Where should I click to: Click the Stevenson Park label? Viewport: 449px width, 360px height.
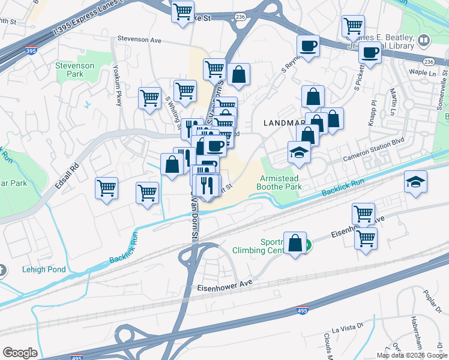(x=74, y=70)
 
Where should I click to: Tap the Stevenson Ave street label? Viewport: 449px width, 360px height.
(x=140, y=40)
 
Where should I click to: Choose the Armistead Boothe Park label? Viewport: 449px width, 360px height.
(x=279, y=182)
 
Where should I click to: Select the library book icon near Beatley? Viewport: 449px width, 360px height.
(x=424, y=40)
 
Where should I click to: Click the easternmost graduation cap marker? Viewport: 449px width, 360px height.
(x=415, y=182)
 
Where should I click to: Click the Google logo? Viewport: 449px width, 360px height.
(x=20, y=353)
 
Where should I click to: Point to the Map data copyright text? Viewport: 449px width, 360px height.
(x=411, y=355)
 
